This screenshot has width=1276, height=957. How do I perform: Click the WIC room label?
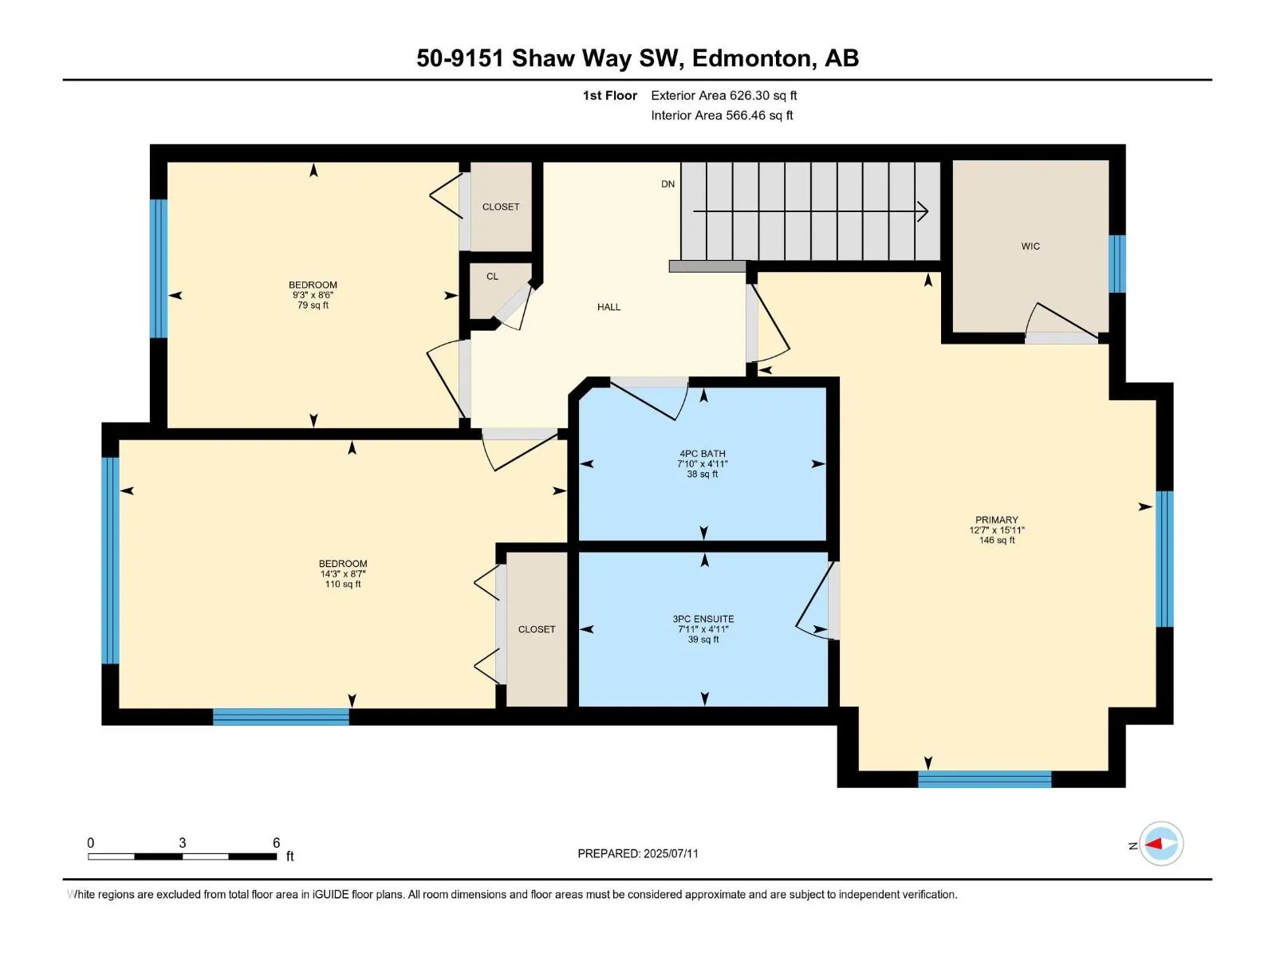(1030, 246)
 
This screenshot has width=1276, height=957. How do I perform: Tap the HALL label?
(608, 307)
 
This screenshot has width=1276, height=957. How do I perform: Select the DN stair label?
(668, 184)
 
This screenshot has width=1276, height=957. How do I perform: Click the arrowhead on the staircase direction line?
(923, 211)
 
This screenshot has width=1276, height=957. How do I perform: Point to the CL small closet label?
(492, 277)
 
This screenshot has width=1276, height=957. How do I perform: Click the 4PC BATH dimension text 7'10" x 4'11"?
(703, 463)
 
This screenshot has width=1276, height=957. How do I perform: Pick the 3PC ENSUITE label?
(703, 619)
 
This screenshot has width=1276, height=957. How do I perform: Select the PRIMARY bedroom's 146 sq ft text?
(996, 540)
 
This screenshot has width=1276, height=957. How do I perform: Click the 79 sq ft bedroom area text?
(313, 305)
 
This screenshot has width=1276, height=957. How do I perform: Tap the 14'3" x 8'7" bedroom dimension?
(342, 573)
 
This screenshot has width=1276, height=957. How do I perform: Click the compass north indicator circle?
(1161, 844)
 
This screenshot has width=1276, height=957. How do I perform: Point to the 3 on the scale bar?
(182, 842)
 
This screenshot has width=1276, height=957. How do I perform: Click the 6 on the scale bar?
(276, 842)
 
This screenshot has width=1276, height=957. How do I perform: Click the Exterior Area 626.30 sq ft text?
(724, 95)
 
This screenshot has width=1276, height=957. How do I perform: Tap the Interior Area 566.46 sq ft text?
(722, 115)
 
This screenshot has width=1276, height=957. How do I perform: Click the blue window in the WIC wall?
(1116, 263)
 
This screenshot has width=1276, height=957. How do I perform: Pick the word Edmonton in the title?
(752, 58)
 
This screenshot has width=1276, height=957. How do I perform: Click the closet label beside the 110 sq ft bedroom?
(536, 629)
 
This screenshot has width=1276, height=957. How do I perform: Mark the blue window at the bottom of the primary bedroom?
(984, 778)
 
